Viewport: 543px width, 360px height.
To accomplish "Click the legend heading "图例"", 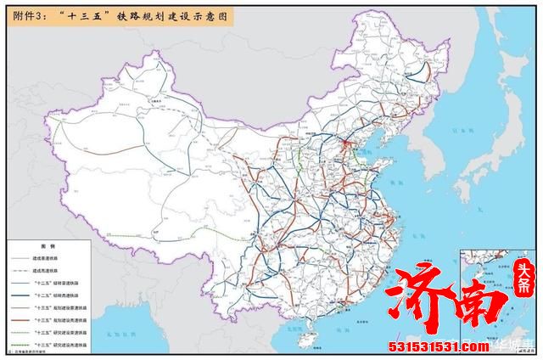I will pyautogui.click(x=44, y=247).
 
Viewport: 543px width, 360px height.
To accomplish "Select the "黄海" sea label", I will pyautogui.click(x=392, y=183).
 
